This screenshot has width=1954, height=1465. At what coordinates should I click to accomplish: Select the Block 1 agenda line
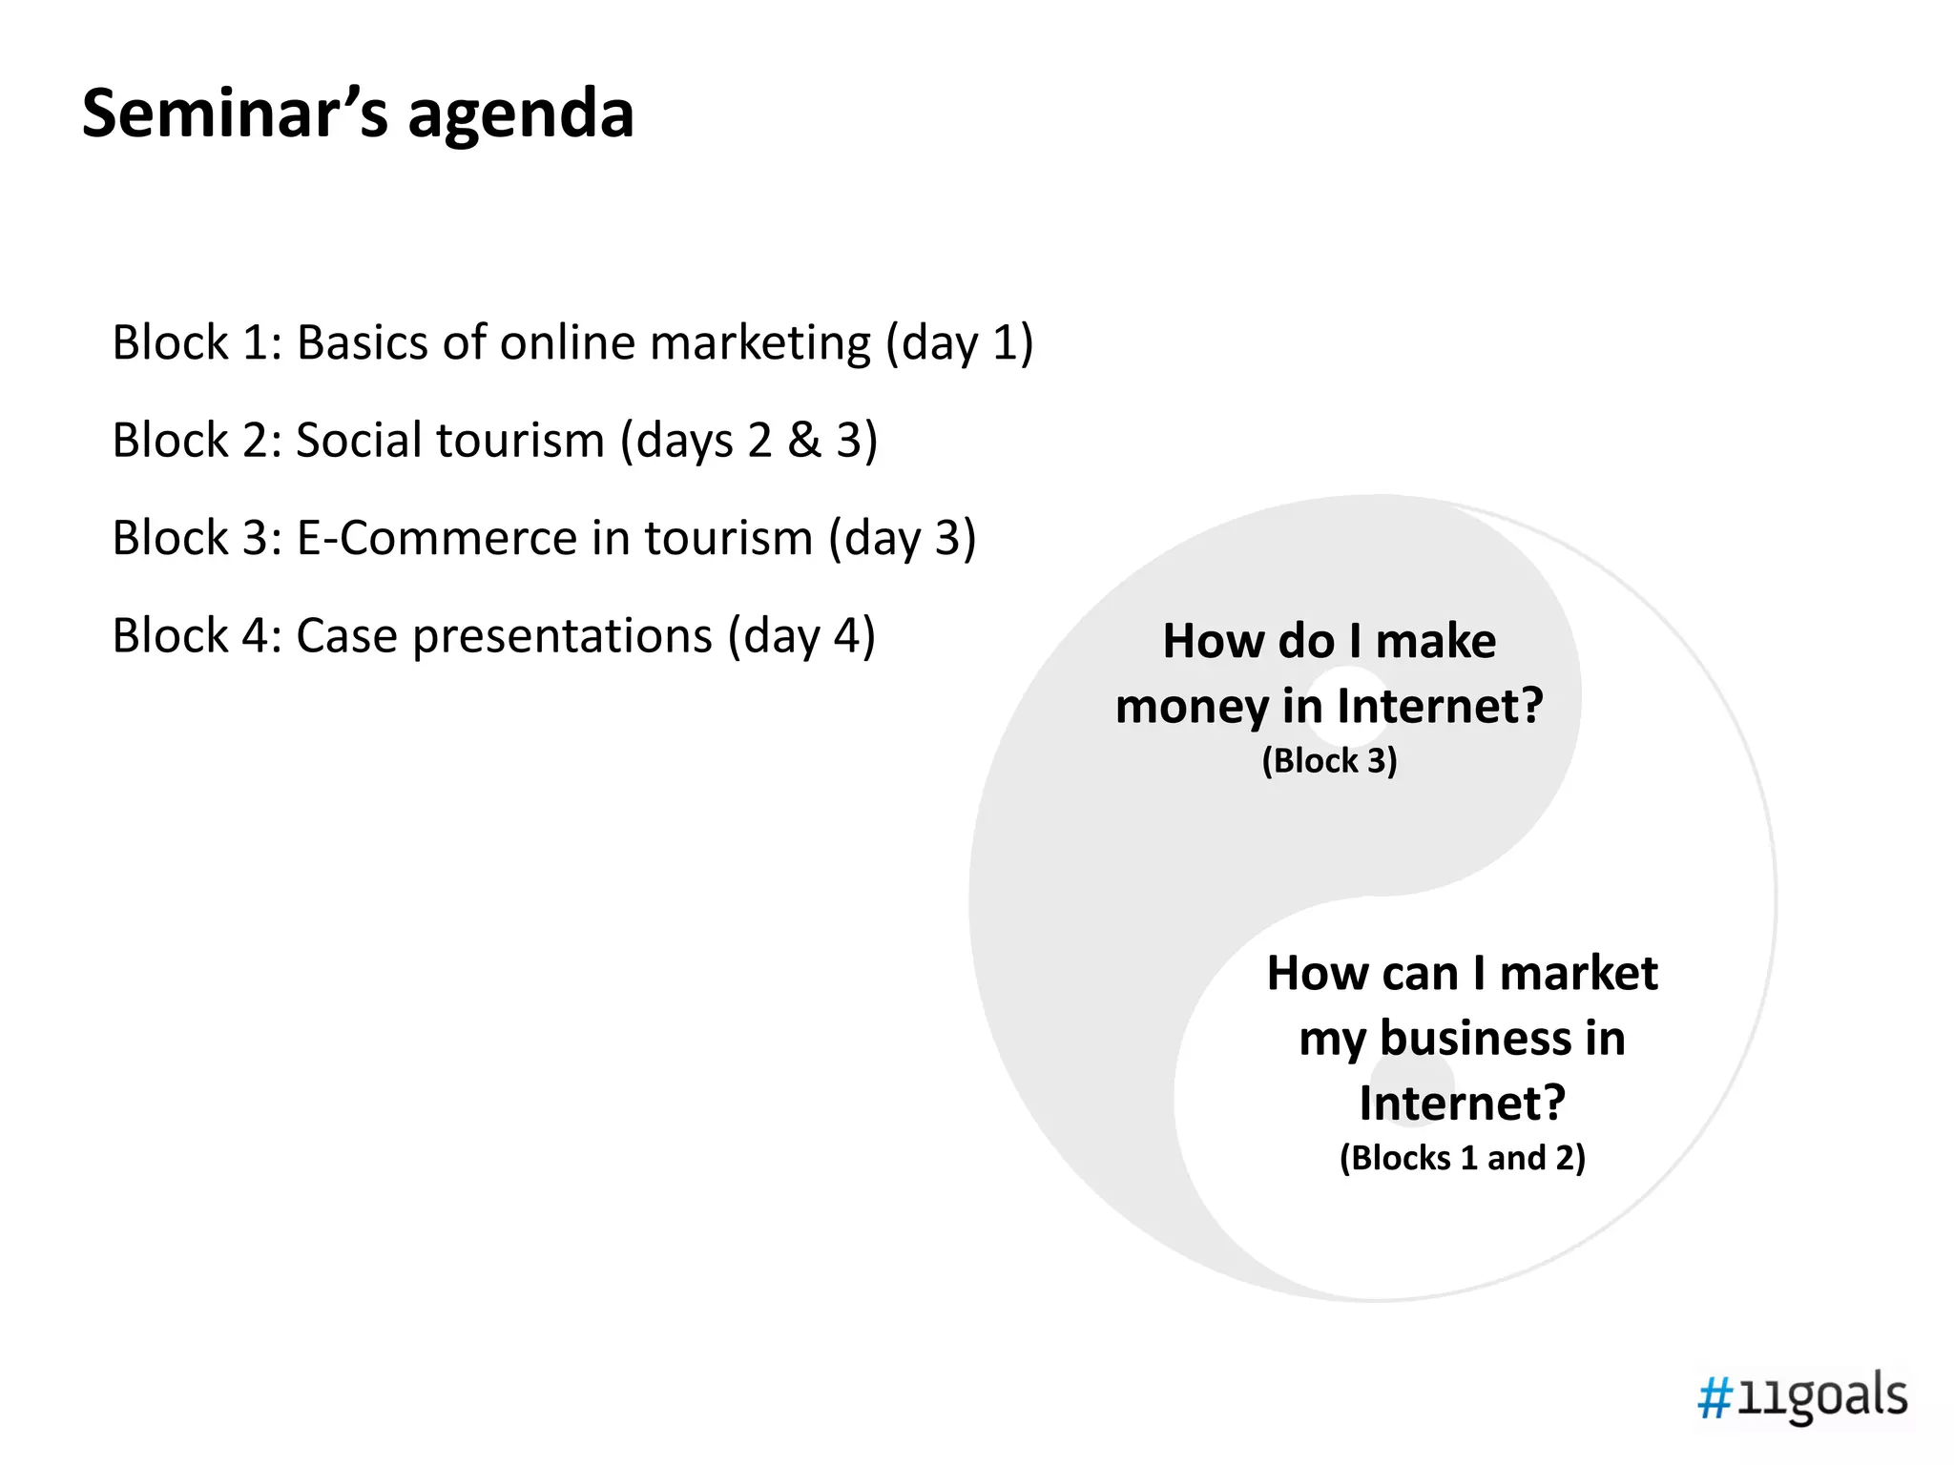click(572, 342)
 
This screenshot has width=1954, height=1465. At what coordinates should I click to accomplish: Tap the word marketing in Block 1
click(760, 343)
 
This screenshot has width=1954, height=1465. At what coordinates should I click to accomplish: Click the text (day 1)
click(960, 343)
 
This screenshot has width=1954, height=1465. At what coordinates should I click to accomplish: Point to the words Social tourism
click(450, 441)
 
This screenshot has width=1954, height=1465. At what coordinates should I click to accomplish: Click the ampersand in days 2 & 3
click(804, 441)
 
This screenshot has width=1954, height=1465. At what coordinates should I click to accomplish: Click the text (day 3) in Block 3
click(903, 538)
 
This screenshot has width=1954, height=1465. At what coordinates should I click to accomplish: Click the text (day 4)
click(801, 636)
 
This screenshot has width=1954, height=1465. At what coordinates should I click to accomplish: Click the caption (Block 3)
click(1329, 761)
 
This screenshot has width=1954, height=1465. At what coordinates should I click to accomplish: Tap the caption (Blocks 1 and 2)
click(1462, 1158)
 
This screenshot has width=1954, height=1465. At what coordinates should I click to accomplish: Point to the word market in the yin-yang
click(1578, 974)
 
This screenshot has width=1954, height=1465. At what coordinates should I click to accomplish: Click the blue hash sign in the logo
click(1715, 1400)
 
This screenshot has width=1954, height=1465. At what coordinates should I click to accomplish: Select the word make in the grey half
click(1435, 641)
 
